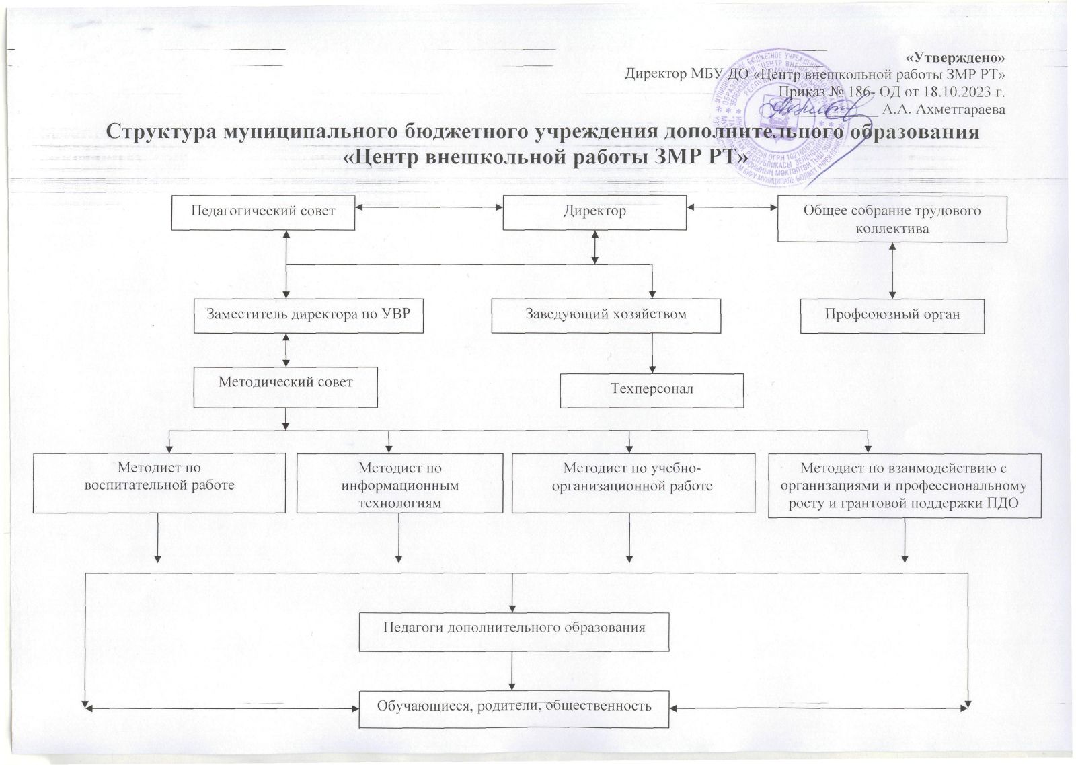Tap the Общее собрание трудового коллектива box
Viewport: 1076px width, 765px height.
click(x=892, y=219)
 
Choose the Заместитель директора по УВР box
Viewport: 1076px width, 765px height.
click(x=309, y=315)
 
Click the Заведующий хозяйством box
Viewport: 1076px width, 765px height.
click(x=605, y=315)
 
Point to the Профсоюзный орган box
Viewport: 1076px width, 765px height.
click(x=892, y=315)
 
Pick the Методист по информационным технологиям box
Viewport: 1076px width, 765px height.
click(x=400, y=483)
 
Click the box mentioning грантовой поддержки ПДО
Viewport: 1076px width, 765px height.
click(x=905, y=486)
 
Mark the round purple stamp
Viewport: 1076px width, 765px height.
click(x=783, y=111)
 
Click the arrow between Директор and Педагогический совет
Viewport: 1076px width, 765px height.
click(x=430, y=211)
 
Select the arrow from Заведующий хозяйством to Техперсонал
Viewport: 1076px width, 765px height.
click(x=652, y=353)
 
